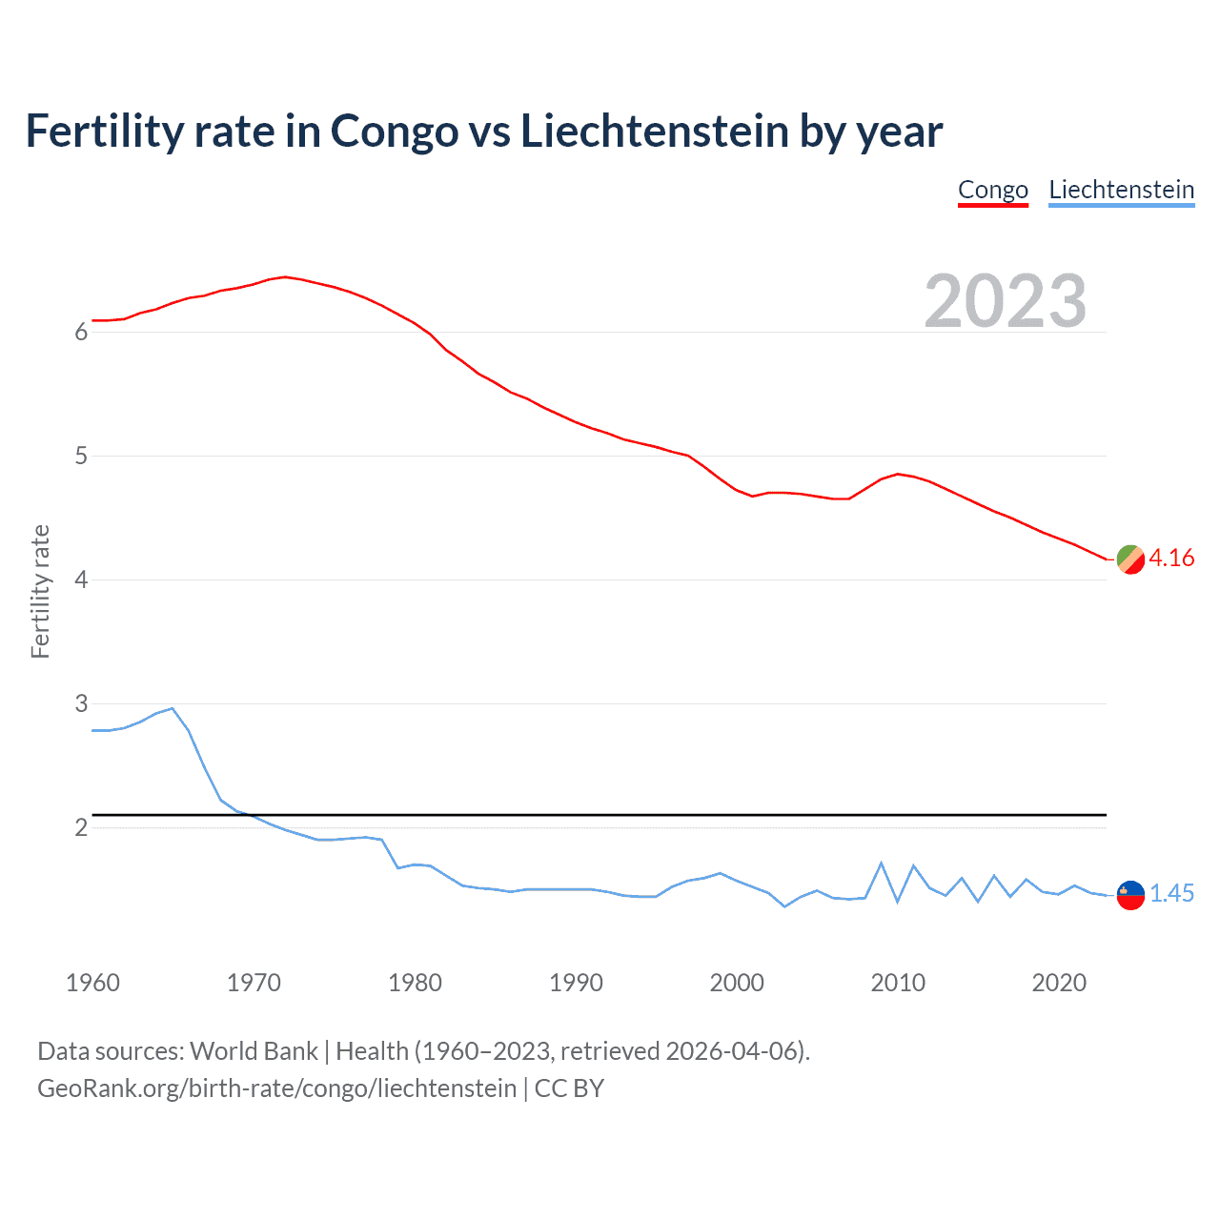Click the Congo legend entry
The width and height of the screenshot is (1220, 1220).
tap(992, 190)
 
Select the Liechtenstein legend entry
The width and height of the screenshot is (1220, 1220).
tap(1121, 190)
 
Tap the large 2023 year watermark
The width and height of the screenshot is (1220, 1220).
tap(1005, 301)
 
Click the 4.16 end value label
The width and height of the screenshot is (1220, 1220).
tap(1171, 558)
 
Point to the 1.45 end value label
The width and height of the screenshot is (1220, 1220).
tap(1171, 893)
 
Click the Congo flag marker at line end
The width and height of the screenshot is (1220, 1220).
tap(1130, 559)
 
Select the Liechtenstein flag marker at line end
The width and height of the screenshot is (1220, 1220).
tap(1130, 895)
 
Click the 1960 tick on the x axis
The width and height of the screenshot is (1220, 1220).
tap(92, 983)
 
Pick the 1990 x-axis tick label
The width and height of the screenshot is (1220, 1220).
tap(576, 983)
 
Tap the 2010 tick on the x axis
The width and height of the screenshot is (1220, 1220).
tap(898, 983)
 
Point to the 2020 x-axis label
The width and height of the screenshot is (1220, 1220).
tap(1059, 983)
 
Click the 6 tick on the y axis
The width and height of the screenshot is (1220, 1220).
tap(81, 332)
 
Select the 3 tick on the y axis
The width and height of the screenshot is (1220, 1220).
tap(81, 703)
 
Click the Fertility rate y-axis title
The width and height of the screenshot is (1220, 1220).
tap(40, 591)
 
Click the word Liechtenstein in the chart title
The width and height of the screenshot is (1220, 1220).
tap(654, 132)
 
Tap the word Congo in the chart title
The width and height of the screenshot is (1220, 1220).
tap(394, 132)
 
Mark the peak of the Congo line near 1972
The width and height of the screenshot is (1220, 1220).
tap(285, 276)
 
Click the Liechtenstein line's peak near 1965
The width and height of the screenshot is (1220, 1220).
tap(172, 708)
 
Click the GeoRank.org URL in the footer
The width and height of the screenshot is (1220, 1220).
tap(276, 1088)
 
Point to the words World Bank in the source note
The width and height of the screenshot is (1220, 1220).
tap(254, 1051)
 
